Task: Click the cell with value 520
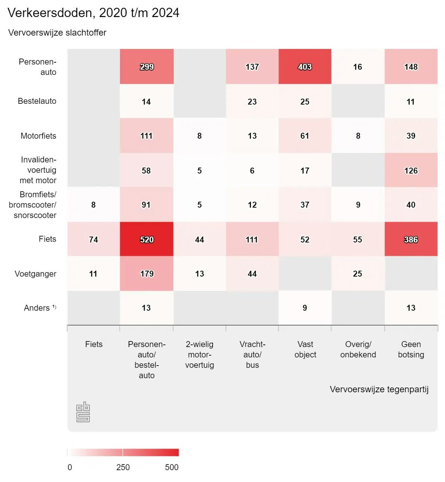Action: point(146,240)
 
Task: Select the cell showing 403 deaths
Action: point(305,67)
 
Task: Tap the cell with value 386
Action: point(411,240)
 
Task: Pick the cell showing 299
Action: point(146,67)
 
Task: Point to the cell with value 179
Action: point(146,274)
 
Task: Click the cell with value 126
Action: point(411,171)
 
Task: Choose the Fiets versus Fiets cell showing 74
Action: point(93,240)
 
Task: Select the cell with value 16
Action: point(357,67)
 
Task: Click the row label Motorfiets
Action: point(38,136)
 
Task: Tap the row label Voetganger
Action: point(36,274)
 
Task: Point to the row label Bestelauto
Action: point(37,101)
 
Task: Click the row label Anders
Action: point(37,308)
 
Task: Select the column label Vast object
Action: point(305,349)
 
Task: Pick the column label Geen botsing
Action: point(411,349)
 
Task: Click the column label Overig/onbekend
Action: point(358,349)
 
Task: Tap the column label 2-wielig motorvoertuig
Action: point(200,354)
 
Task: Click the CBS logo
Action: point(83,412)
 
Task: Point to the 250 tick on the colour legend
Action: point(123,467)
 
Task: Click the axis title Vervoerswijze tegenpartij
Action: point(379,389)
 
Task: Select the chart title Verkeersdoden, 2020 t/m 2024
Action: point(93,13)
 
